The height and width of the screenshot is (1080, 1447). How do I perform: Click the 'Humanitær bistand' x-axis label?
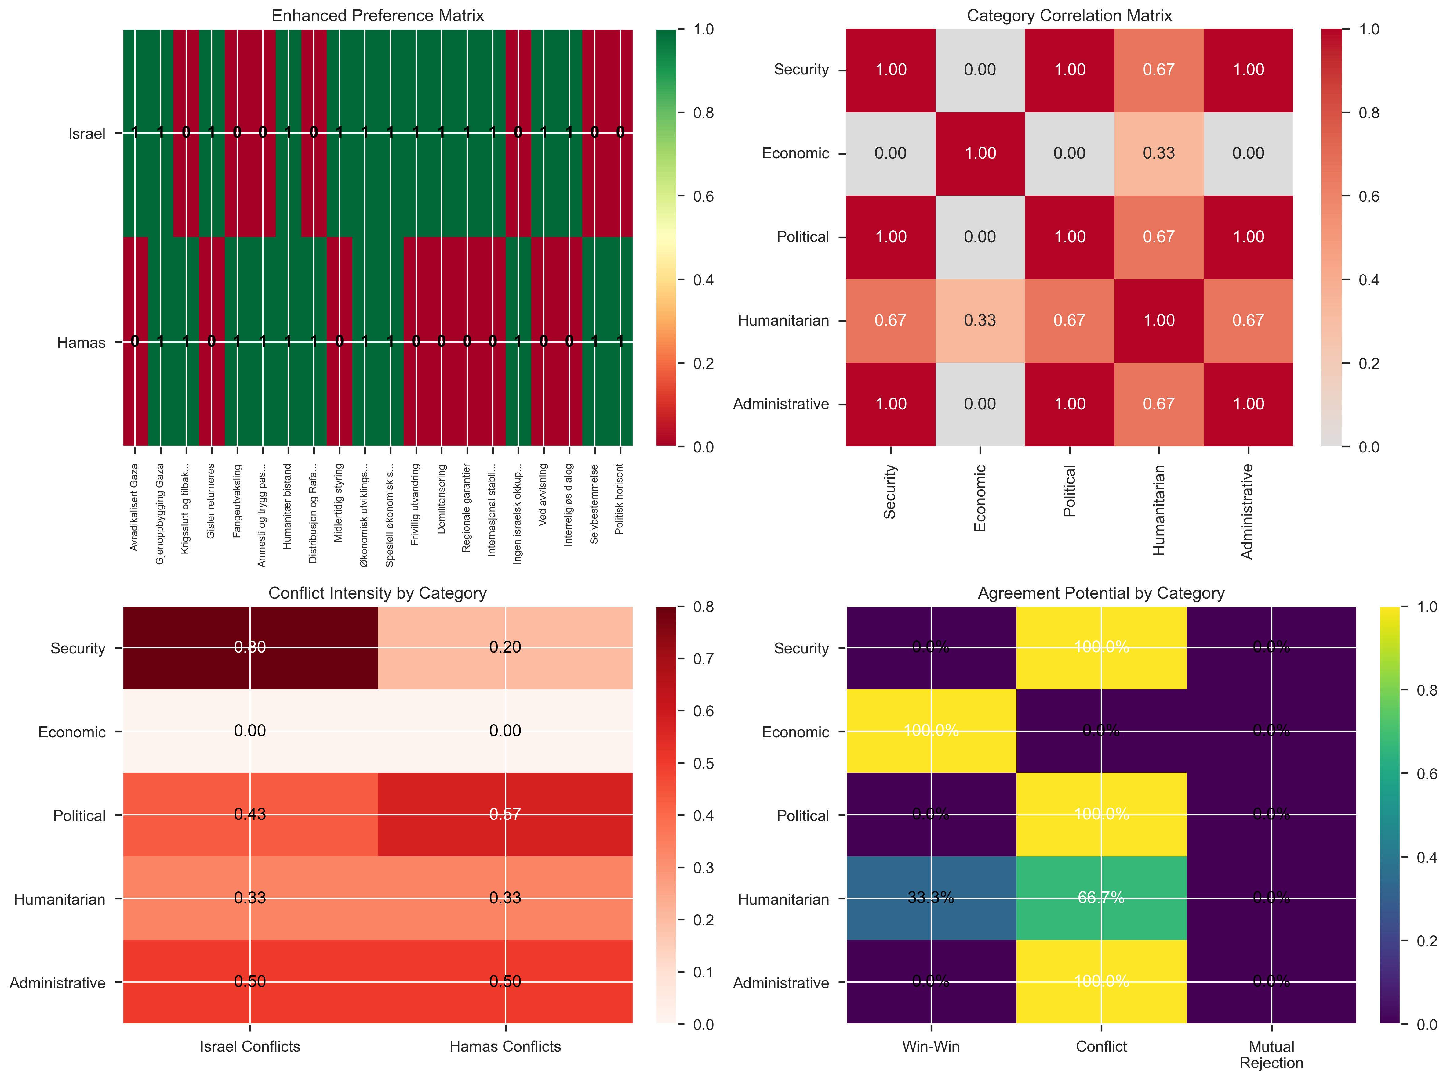tap(288, 506)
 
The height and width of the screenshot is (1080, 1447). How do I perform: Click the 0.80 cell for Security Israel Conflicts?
tap(250, 647)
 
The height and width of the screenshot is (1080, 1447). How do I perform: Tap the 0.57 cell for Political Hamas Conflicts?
tap(505, 815)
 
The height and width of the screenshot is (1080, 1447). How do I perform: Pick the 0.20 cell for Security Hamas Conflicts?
tap(505, 647)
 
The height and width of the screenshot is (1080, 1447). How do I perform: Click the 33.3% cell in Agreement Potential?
tap(931, 898)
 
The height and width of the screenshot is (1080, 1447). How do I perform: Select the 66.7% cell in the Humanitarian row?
tap(1101, 898)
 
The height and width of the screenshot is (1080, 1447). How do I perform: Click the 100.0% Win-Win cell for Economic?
tap(931, 731)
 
